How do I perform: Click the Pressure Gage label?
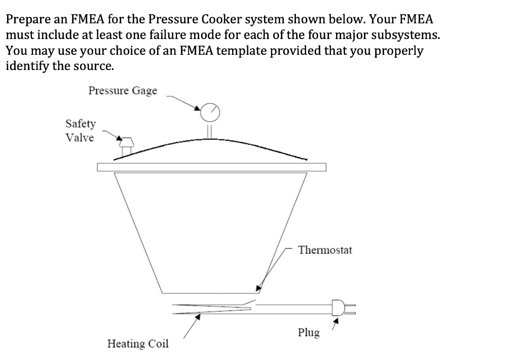(x=123, y=91)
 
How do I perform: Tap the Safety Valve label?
(x=80, y=130)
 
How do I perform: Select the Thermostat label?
(x=325, y=250)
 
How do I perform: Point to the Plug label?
(x=309, y=333)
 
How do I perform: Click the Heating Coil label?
(x=138, y=344)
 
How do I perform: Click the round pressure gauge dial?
(x=210, y=112)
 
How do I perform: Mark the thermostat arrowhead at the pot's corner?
(x=259, y=288)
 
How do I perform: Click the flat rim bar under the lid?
(x=211, y=167)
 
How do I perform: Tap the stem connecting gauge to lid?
(x=208, y=130)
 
